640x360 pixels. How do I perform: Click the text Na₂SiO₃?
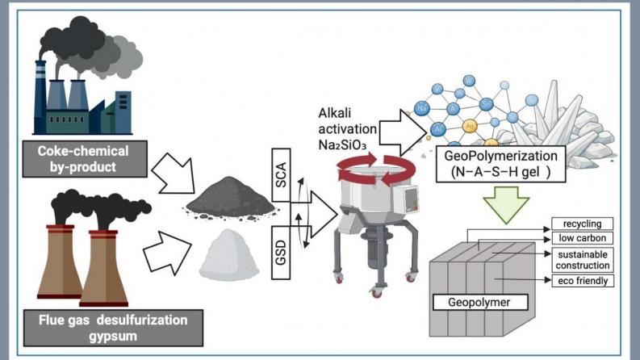click(349, 144)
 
